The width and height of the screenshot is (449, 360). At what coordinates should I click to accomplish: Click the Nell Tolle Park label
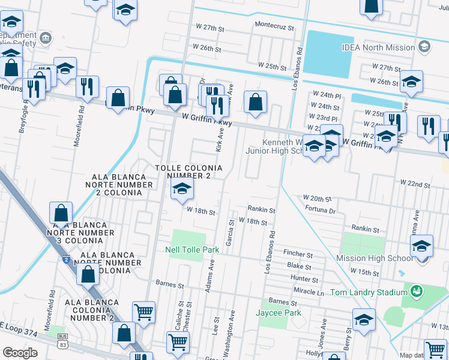tap(192, 250)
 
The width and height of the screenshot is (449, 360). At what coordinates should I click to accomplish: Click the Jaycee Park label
tap(278, 313)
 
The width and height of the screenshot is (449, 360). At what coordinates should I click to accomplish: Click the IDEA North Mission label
tap(378, 47)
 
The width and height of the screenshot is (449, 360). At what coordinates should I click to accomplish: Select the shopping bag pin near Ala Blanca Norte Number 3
tap(61, 213)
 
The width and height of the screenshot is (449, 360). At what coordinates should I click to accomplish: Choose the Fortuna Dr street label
tap(320, 211)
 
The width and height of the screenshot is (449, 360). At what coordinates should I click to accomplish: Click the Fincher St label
tap(298, 254)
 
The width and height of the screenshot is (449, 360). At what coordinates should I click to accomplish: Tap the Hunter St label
tap(304, 278)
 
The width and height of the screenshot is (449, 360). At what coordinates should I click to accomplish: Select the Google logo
tap(20, 353)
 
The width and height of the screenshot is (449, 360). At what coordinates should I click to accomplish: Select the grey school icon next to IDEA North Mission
tap(424, 47)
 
